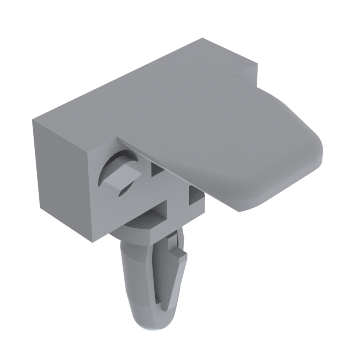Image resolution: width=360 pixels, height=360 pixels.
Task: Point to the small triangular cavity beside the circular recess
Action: [x=158, y=170]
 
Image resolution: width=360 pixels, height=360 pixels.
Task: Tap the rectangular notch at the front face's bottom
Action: [x=160, y=212]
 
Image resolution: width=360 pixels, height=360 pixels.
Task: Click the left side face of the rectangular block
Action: [x=60, y=176]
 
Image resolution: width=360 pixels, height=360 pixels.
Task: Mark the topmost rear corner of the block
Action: [x=202, y=38]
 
